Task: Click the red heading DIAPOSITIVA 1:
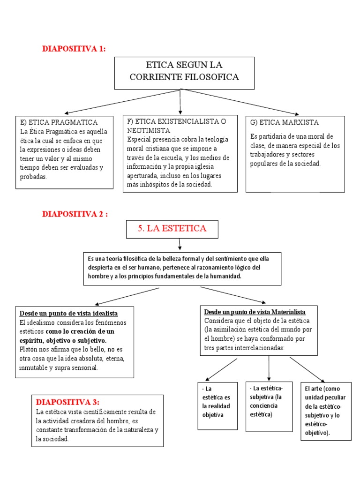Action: (74, 48)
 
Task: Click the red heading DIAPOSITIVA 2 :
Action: (75, 214)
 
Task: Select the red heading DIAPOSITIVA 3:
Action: (67, 402)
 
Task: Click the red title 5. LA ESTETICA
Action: (172, 228)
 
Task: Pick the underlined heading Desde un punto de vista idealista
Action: (68, 313)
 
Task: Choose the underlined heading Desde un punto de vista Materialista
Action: (255, 312)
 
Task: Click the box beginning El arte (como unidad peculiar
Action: (326, 411)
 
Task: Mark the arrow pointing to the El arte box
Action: (307, 369)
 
